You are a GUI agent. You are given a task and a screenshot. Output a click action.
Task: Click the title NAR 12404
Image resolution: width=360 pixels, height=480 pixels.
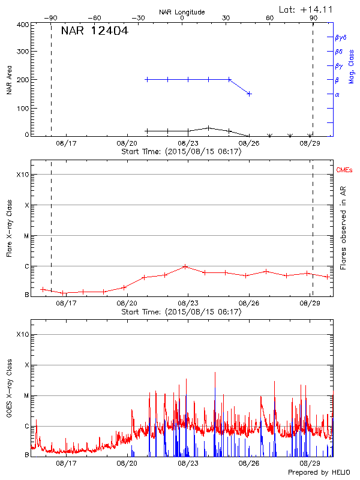coord(94,31)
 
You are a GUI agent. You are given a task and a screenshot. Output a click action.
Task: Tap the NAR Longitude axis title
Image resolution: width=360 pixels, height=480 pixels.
coord(182,12)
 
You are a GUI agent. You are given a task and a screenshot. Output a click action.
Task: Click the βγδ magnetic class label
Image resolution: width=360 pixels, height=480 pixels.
coord(340,37)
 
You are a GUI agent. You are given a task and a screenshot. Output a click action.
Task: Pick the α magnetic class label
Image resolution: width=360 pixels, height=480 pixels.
coord(337,94)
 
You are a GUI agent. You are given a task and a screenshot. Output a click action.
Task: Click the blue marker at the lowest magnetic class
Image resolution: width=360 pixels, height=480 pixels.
coord(249,94)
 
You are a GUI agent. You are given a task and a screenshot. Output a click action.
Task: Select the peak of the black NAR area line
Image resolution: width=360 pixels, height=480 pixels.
coord(208,128)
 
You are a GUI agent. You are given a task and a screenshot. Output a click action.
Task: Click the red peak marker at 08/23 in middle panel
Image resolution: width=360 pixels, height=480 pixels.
coord(185,266)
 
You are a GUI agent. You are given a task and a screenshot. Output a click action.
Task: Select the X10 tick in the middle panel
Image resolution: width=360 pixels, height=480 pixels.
coord(23,175)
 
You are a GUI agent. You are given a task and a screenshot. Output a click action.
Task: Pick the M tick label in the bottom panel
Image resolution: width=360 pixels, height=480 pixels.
coord(26,395)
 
